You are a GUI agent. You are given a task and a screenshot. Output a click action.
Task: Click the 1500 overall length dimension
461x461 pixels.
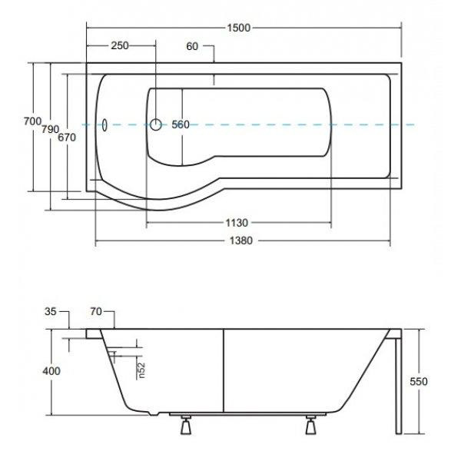pyautogui.click(x=239, y=28)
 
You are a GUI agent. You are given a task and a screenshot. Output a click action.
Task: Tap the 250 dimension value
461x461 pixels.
pyautogui.click(x=120, y=45)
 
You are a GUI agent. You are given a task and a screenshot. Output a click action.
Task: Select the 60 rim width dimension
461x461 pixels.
pyautogui.click(x=192, y=46)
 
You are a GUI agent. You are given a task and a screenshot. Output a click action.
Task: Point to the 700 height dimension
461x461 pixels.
pyautogui.click(x=32, y=121)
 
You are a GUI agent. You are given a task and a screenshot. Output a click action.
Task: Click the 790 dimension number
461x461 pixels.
pyautogui.click(x=50, y=129)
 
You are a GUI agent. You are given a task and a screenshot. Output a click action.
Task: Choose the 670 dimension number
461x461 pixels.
pyautogui.click(x=67, y=138)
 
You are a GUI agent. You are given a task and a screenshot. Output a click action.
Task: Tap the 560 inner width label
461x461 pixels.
pyautogui.click(x=181, y=124)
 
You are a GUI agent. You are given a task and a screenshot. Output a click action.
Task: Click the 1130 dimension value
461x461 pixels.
pyautogui.click(x=237, y=223)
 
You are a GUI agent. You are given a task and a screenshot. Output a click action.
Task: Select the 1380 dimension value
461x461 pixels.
pyautogui.click(x=240, y=240)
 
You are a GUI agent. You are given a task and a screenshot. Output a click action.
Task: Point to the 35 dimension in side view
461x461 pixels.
pyautogui.click(x=50, y=312)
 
